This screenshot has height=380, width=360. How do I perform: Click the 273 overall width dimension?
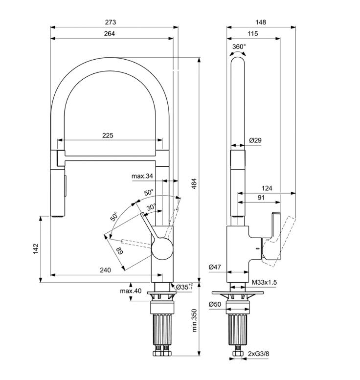tap(111, 22)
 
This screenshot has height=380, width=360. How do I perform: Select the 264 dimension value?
tap(110, 33)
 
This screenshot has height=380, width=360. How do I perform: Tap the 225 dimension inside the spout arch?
tap(108, 135)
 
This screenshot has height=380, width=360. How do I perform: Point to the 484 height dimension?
tap(194, 184)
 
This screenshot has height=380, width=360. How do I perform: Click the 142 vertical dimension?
tap(36, 249)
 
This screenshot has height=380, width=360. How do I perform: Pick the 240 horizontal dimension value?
tap(105, 270)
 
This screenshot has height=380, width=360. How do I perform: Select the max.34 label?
tap(142, 176)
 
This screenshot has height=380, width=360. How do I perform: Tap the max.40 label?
tap(131, 291)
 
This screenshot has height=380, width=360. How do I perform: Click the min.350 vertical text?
tap(194, 320)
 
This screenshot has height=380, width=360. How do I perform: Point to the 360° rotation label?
tap(239, 46)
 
